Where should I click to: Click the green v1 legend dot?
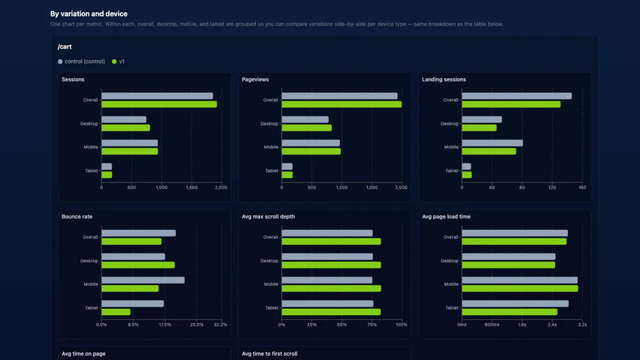(x=114, y=61)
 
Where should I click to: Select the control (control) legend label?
(x=85, y=61)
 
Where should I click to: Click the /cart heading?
(x=65, y=46)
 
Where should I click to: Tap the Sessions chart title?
(x=73, y=79)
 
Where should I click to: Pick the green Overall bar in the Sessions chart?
(x=159, y=105)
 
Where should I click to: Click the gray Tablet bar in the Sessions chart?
(x=107, y=166)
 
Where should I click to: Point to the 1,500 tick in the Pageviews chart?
(x=372, y=187)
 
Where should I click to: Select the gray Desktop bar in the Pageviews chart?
(x=305, y=119)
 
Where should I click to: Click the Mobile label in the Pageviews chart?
(x=271, y=147)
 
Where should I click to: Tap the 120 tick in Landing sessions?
(x=552, y=187)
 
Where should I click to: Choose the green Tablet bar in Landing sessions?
(x=467, y=174)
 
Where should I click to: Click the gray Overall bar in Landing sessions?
(x=517, y=96)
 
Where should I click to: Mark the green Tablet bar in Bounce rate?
(x=116, y=311)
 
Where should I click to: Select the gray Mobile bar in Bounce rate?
(x=143, y=280)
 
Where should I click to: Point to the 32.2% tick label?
(x=220, y=325)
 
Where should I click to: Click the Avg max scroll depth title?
(x=268, y=217)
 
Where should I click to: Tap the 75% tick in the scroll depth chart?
(x=372, y=325)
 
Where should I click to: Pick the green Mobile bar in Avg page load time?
(x=520, y=289)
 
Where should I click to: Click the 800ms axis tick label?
(x=492, y=325)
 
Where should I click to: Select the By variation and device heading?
(x=89, y=14)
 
